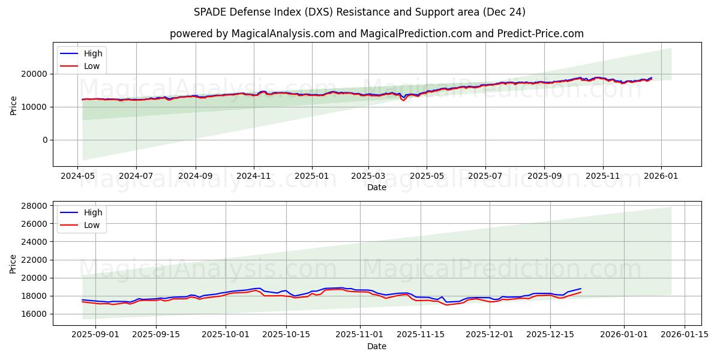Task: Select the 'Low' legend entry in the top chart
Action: (x=92, y=66)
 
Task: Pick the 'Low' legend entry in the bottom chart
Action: (x=92, y=225)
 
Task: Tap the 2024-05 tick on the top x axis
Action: (x=77, y=176)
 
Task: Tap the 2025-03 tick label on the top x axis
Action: (x=368, y=176)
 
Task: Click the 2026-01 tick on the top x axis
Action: (x=661, y=176)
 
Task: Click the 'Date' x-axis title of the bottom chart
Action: (x=377, y=346)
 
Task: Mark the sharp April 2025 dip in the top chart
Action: (x=403, y=100)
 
